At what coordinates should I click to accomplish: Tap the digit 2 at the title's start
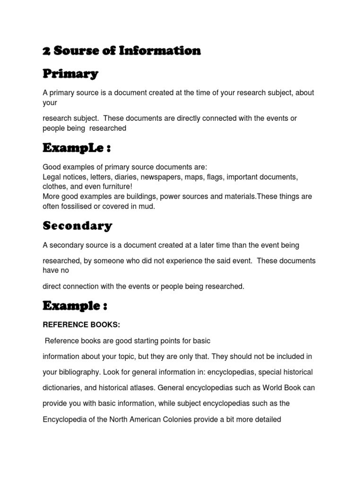pyautogui.click(x=46, y=51)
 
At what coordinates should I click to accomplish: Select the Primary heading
pyautogui.click(x=70, y=74)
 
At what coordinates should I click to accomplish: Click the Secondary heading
pyautogui.click(x=78, y=226)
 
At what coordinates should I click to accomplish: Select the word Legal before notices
pyautogui.click(x=52, y=177)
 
